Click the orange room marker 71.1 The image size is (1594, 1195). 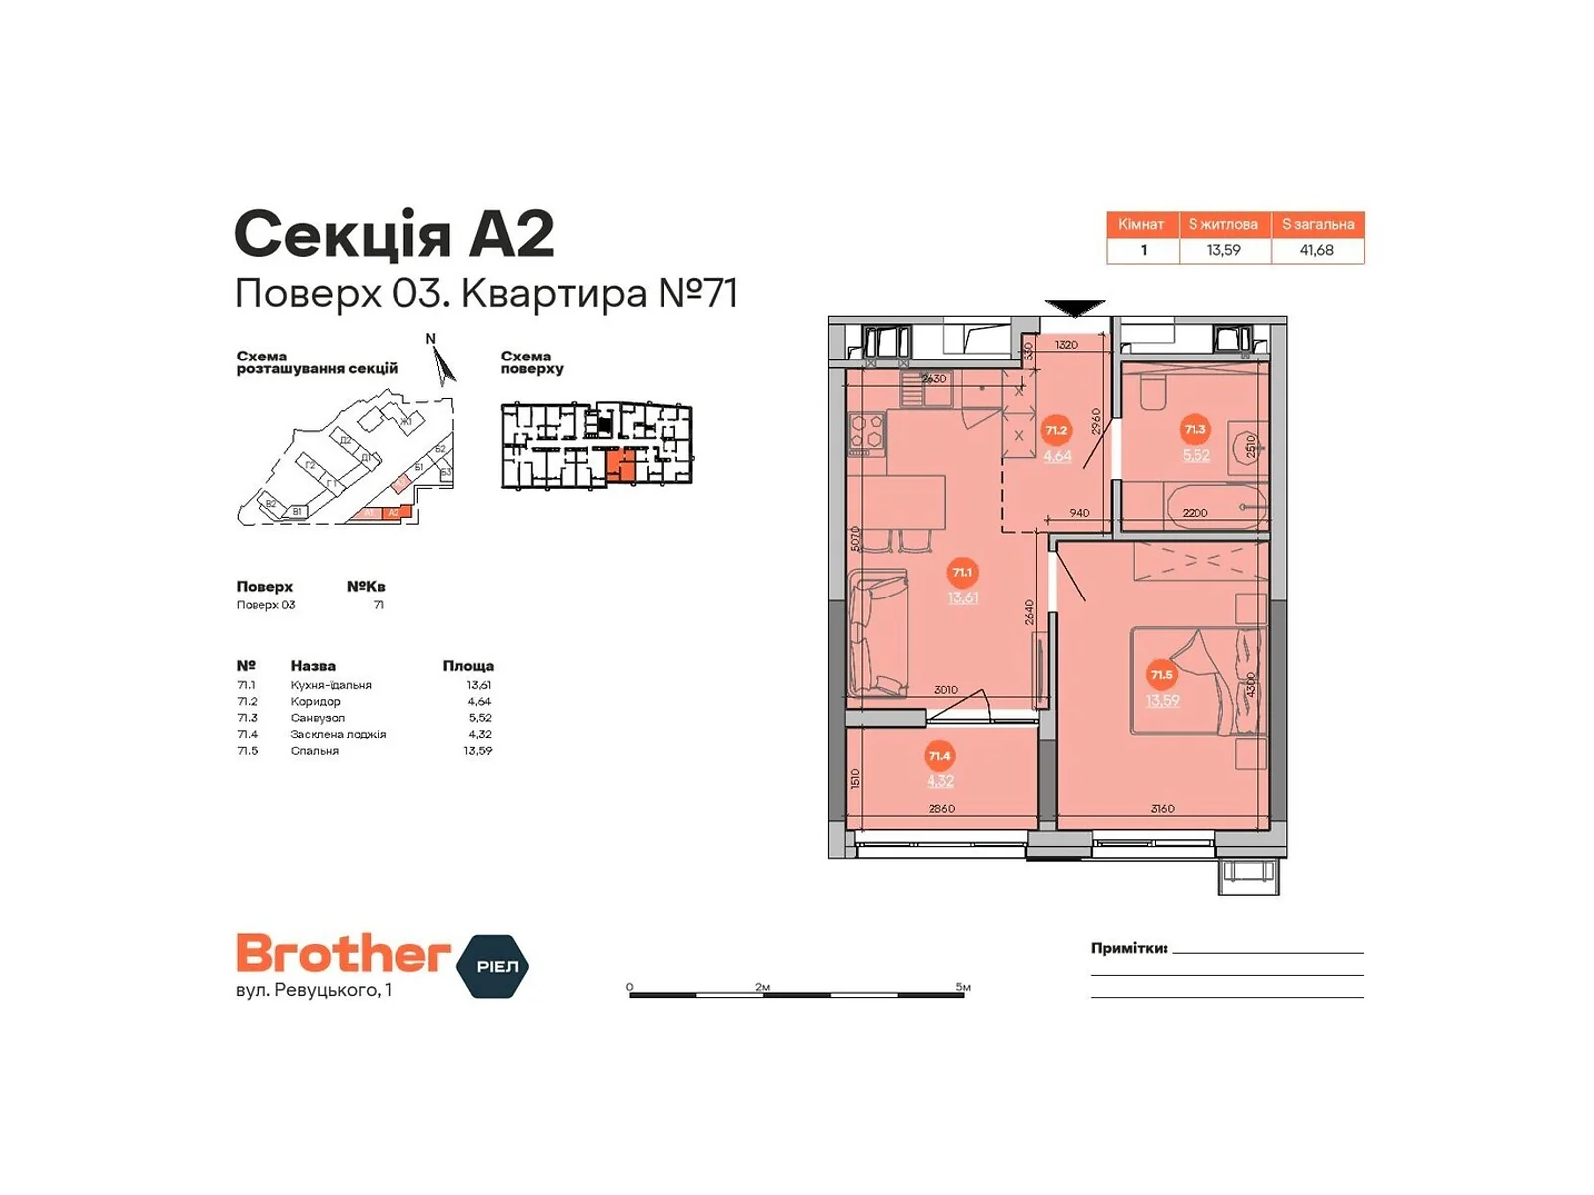coord(961,572)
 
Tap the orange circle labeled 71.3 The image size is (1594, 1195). coord(1194,430)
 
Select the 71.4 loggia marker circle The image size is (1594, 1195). coord(939,756)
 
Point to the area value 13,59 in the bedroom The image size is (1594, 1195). coord(1162,700)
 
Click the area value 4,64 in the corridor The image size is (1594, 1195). coord(1057,456)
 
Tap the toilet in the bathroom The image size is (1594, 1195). coord(1154,393)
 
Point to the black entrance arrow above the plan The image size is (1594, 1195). coord(1075,307)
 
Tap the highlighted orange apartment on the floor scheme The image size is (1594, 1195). coord(621,466)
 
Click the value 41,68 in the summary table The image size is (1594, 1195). coord(1316,250)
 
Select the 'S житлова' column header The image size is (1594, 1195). coord(1222,224)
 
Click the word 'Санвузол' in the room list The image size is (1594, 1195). coord(317,718)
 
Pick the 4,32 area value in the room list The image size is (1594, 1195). coord(479,734)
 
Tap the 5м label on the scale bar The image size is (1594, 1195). coord(962,987)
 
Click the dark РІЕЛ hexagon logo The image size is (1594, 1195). coord(493,966)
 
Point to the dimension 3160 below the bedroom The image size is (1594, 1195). coord(1162,809)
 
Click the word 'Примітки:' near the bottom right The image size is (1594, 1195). coord(1128,948)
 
